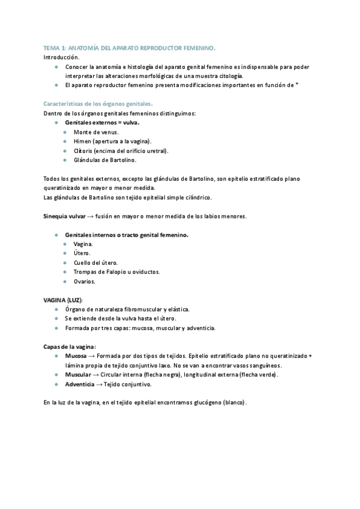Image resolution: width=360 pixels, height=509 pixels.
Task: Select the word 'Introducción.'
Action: pos(61,57)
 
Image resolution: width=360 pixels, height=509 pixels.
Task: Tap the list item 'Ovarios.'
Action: pos(85,281)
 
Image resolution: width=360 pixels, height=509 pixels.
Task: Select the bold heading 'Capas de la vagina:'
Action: pos(70,347)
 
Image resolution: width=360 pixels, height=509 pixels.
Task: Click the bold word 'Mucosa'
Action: pos(76,356)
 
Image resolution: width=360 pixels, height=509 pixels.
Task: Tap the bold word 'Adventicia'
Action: pos(79,384)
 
